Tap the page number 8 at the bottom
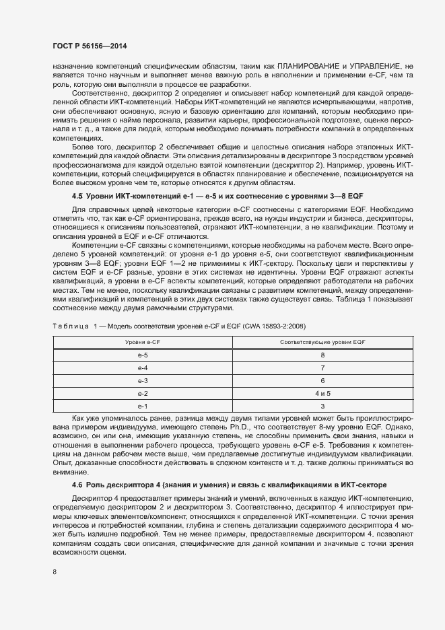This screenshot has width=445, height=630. point(54,572)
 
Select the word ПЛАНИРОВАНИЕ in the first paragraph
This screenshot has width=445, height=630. point(306,67)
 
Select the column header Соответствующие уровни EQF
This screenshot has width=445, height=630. point(322,343)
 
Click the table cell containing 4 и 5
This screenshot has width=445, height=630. point(322,393)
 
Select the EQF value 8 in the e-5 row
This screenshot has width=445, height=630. point(322,355)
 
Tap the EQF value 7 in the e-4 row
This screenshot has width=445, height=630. point(322,367)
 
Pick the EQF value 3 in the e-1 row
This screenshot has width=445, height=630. point(322,406)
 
